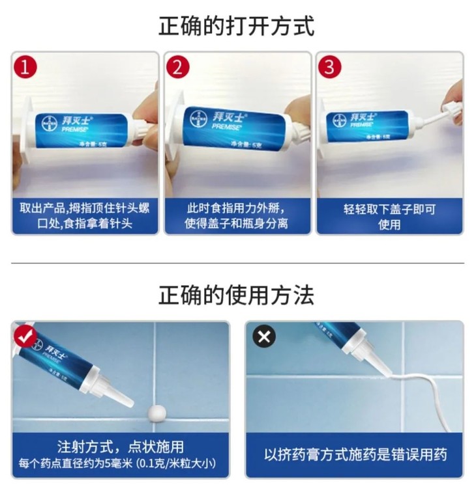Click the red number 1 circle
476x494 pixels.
(25, 67)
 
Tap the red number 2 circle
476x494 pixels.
(177, 67)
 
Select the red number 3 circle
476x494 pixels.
(329, 67)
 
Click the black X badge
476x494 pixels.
(264, 336)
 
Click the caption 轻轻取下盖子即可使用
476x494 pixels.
(389, 217)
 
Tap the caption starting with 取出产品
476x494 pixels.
(85, 217)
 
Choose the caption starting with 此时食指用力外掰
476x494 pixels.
(237, 217)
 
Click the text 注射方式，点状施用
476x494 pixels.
(121, 447)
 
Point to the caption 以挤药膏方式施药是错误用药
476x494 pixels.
(355, 454)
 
